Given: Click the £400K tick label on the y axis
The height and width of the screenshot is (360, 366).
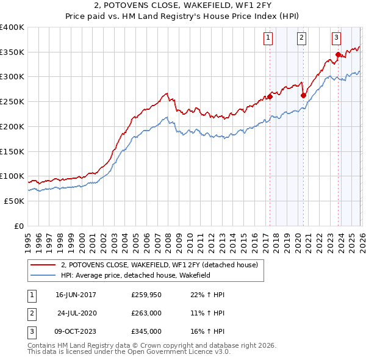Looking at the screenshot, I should tap(12, 27).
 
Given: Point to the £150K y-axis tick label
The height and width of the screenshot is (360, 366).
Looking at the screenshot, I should tap(12, 151).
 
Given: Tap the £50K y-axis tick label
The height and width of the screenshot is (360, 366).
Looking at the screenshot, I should tap(14, 201).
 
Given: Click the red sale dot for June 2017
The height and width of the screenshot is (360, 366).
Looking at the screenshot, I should tap(269, 96).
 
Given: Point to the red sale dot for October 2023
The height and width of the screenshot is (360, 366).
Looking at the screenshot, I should tap(338, 55).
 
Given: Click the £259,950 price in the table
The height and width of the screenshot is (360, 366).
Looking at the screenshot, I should tap(146, 295).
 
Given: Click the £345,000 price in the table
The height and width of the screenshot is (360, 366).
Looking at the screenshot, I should tap(146, 333).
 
